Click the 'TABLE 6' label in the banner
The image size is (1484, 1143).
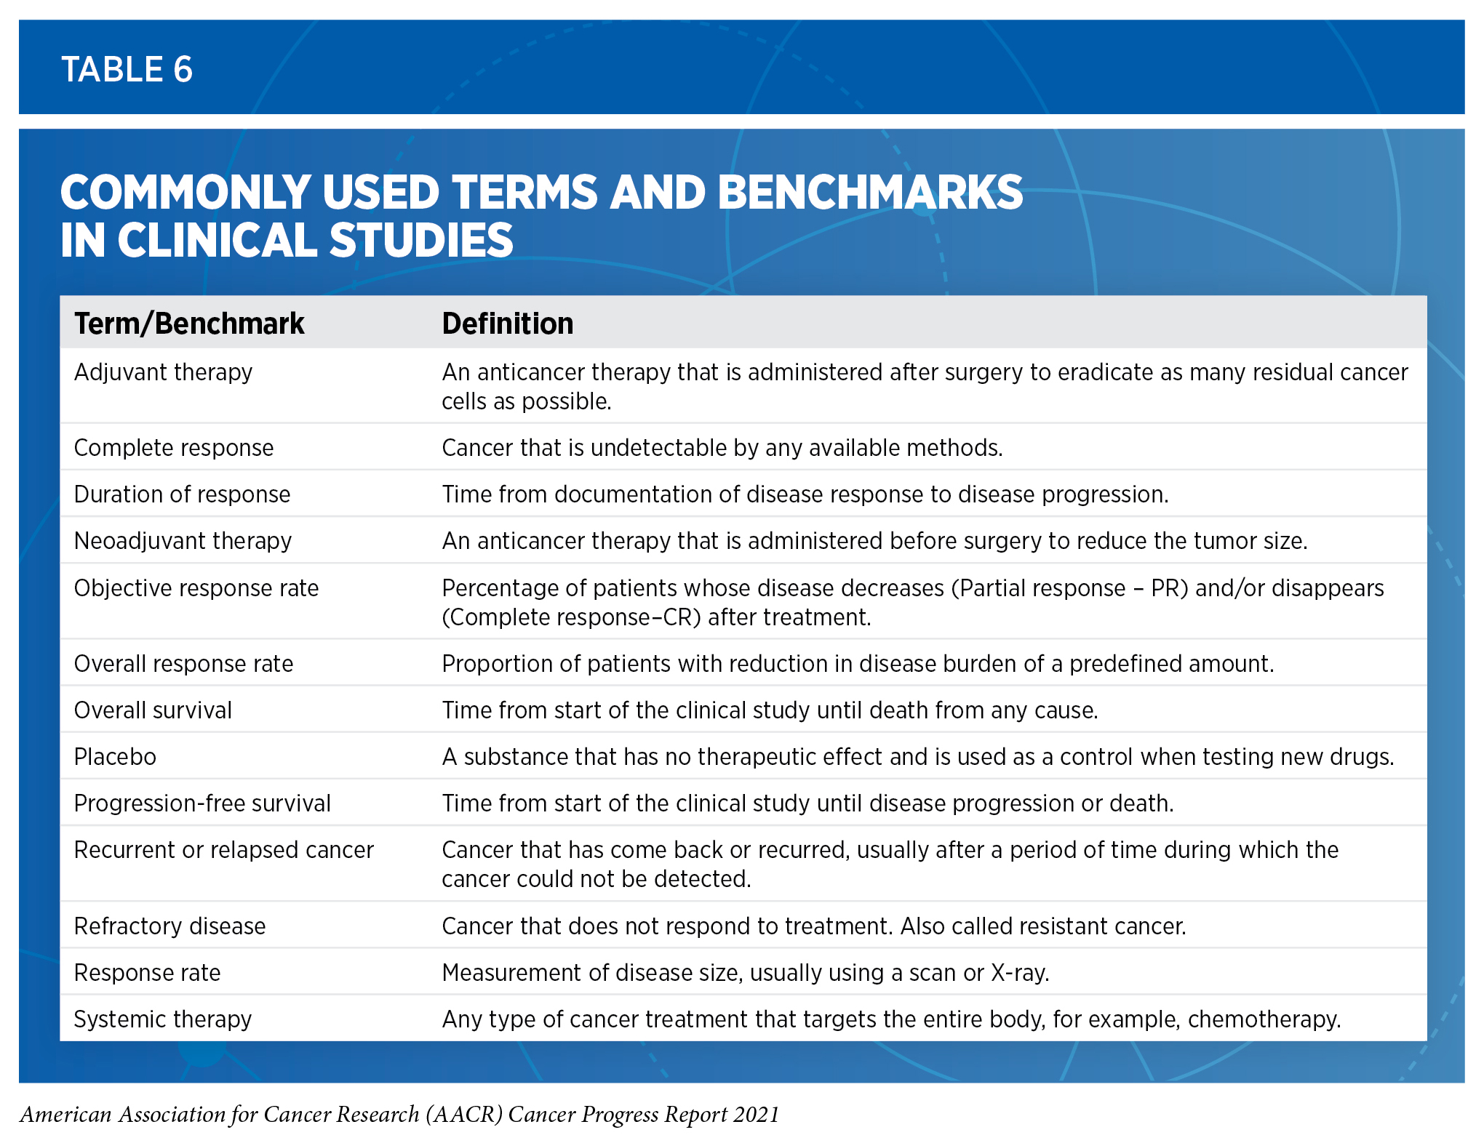(127, 70)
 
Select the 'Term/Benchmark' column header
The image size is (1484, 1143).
(189, 324)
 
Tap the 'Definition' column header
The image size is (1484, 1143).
(507, 324)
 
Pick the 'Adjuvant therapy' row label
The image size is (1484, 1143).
(163, 372)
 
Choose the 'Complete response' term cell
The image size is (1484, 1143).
(174, 448)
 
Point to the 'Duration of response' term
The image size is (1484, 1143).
(182, 494)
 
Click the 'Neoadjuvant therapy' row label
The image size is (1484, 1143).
(183, 541)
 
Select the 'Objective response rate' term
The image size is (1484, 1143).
(196, 588)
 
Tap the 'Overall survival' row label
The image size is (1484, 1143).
(153, 710)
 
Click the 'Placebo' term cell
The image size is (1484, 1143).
(115, 757)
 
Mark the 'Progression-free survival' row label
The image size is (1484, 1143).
(202, 803)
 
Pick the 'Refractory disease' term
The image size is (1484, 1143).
(169, 926)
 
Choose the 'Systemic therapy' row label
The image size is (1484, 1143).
(163, 1019)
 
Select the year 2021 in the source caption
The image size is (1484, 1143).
(757, 1115)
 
